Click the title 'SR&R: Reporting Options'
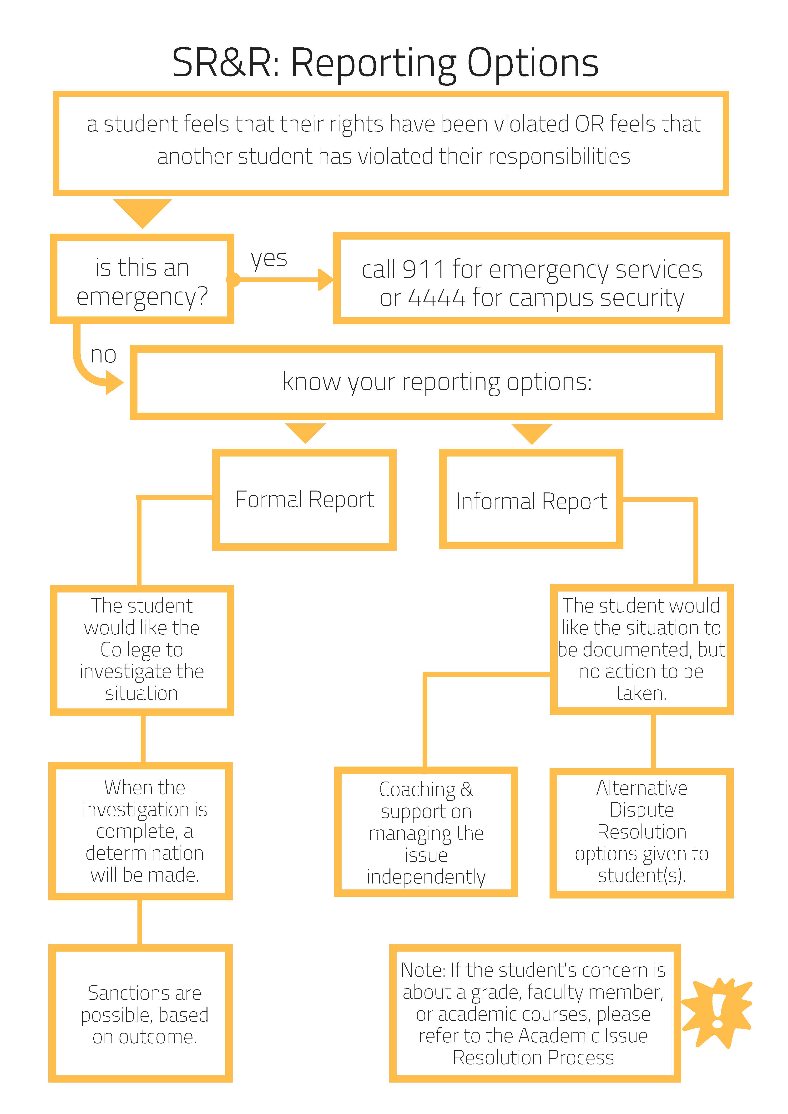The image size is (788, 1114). (x=386, y=63)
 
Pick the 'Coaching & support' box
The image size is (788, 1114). (x=426, y=832)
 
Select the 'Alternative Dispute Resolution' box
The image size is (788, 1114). (x=642, y=833)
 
